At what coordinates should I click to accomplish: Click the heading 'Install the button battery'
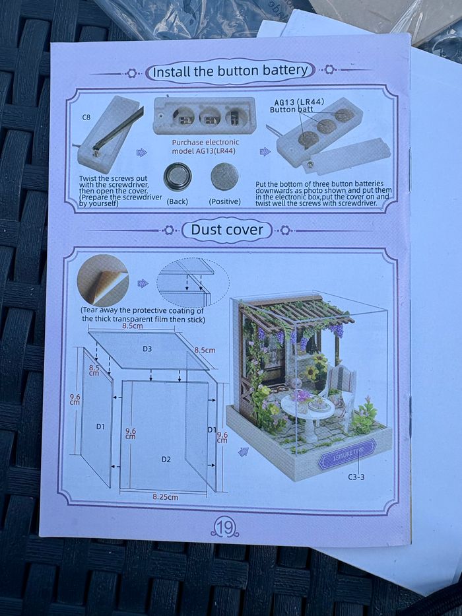click(x=230, y=71)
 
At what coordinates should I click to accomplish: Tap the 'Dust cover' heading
click(x=227, y=230)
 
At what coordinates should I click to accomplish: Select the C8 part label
click(x=86, y=117)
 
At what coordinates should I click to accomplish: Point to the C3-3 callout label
click(x=357, y=476)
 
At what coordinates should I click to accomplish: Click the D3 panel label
click(x=147, y=348)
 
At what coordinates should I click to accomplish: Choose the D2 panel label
click(x=166, y=458)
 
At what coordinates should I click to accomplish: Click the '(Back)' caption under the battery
click(x=179, y=201)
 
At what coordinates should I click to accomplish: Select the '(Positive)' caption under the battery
click(x=224, y=201)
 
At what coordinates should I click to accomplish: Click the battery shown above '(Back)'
click(x=178, y=176)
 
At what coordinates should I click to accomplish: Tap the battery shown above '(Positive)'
click(x=224, y=176)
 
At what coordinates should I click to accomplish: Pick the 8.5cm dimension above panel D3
click(x=133, y=325)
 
